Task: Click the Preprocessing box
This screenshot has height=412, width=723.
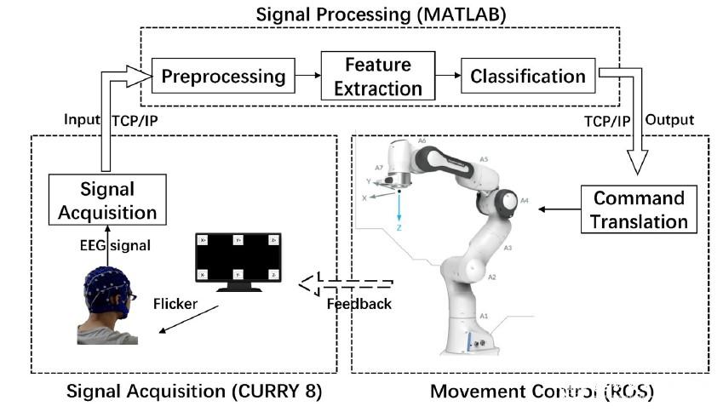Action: click(223, 77)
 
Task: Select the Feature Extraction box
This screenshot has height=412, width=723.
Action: click(377, 77)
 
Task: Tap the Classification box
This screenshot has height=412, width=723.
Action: click(528, 77)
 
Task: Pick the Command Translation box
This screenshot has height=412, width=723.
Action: click(640, 210)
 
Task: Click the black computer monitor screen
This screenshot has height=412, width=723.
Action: click(238, 258)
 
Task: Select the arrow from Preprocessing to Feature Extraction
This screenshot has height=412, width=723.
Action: click(307, 76)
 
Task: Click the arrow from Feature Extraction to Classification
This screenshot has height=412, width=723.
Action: click(447, 76)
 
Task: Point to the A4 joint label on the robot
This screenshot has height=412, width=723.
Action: click(525, 201)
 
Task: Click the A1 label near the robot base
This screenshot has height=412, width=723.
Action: click(484, 315)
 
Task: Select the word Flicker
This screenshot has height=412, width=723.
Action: click(176, 303)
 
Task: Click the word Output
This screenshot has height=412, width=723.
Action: click(672, 120)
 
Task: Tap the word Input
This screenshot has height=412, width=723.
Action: click(83, 121)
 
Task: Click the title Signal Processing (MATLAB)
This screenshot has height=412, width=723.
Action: click(379, 14)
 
